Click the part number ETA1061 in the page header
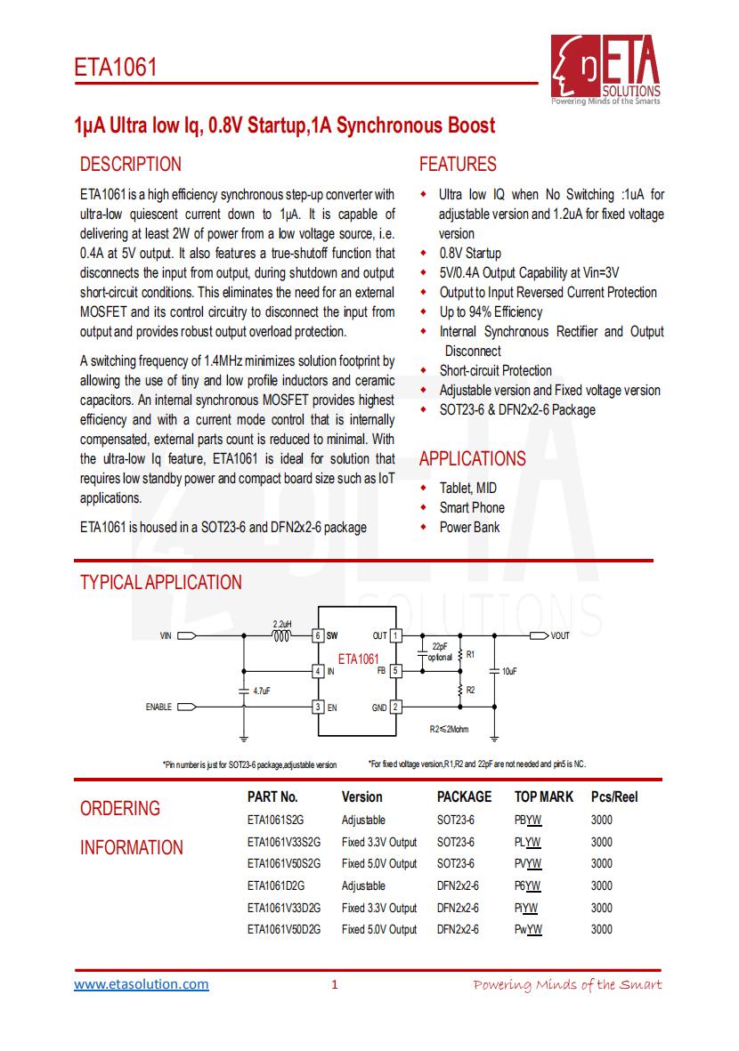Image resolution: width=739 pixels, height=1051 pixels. tap(115, 68)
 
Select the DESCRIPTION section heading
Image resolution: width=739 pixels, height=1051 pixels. tap(130, 165)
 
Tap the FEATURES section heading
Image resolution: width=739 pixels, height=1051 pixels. tap(458, 165)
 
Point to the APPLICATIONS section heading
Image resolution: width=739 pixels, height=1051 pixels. tap(472, 459)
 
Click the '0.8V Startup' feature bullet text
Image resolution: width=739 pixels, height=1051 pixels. tap(470, 254)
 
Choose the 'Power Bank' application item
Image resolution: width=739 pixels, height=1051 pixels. tap(469, 528)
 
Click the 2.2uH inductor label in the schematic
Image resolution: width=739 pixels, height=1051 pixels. tap(282, 624)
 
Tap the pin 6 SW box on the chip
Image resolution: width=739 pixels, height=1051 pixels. tap(317, 636)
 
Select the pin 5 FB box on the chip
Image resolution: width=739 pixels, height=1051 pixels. tap(396, 671)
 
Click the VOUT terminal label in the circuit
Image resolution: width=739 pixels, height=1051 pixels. tap(560, 636)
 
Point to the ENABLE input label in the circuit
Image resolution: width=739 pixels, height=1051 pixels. tap(158, 707)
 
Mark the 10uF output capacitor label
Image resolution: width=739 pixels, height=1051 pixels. tap(510, 672)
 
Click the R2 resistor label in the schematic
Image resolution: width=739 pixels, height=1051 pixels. tap(470, 690)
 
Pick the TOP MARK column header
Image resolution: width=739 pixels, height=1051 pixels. tap(544, 797)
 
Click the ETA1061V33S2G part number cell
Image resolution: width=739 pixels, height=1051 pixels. tap(284, 842)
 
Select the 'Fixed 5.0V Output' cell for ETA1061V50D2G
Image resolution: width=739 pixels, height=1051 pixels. tap(378, 930)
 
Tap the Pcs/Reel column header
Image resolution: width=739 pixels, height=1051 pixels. tap(614, 797)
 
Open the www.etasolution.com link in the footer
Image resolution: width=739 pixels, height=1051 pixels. tap(142, 984)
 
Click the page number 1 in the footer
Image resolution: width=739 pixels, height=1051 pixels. tap(335, 985)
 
